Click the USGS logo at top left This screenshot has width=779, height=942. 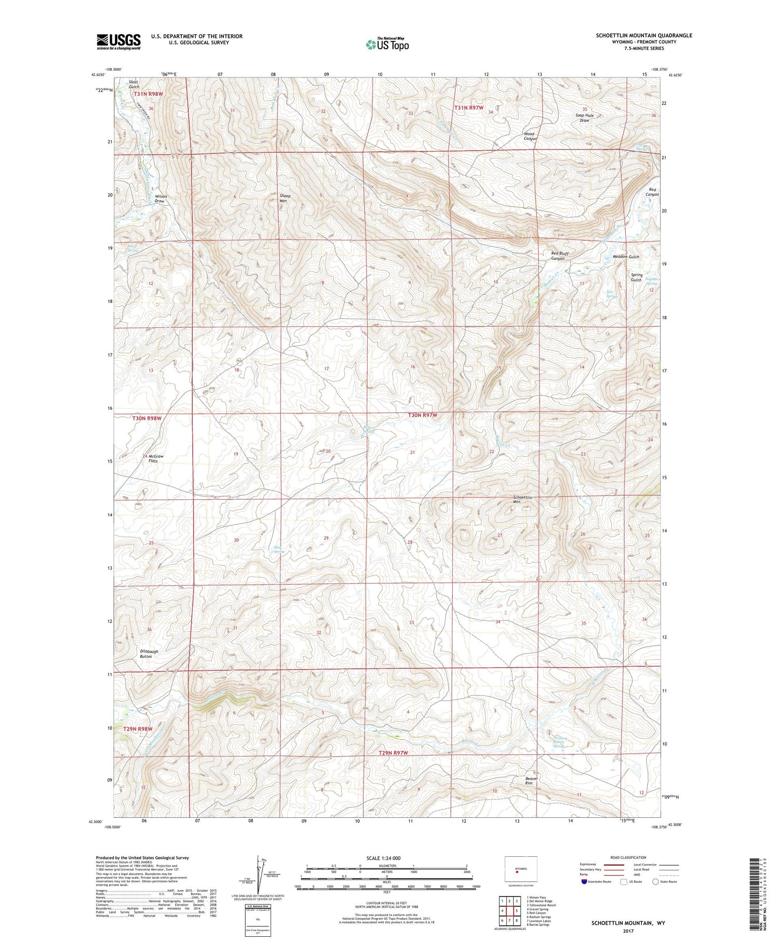tap(118, 42)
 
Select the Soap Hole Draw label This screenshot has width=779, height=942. tap(584, 117)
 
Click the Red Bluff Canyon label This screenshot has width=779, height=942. tap(558, 256)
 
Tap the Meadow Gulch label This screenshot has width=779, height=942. tap(626, 257)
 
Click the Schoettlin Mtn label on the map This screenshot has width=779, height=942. tap(522, 499)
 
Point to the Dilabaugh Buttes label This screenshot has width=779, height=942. tap(149, 654)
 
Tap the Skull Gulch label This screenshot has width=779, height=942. tap(134, 84)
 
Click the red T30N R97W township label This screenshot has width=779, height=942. tap(422, 415)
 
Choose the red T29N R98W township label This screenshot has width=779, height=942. tap(138, 729)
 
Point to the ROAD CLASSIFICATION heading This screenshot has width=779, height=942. tap(628, 857)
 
